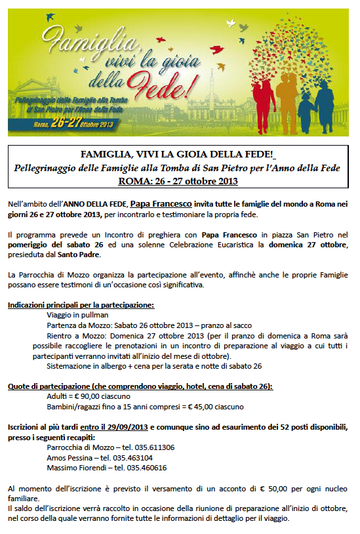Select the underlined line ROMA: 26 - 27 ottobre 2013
178,180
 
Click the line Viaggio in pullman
77,315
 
